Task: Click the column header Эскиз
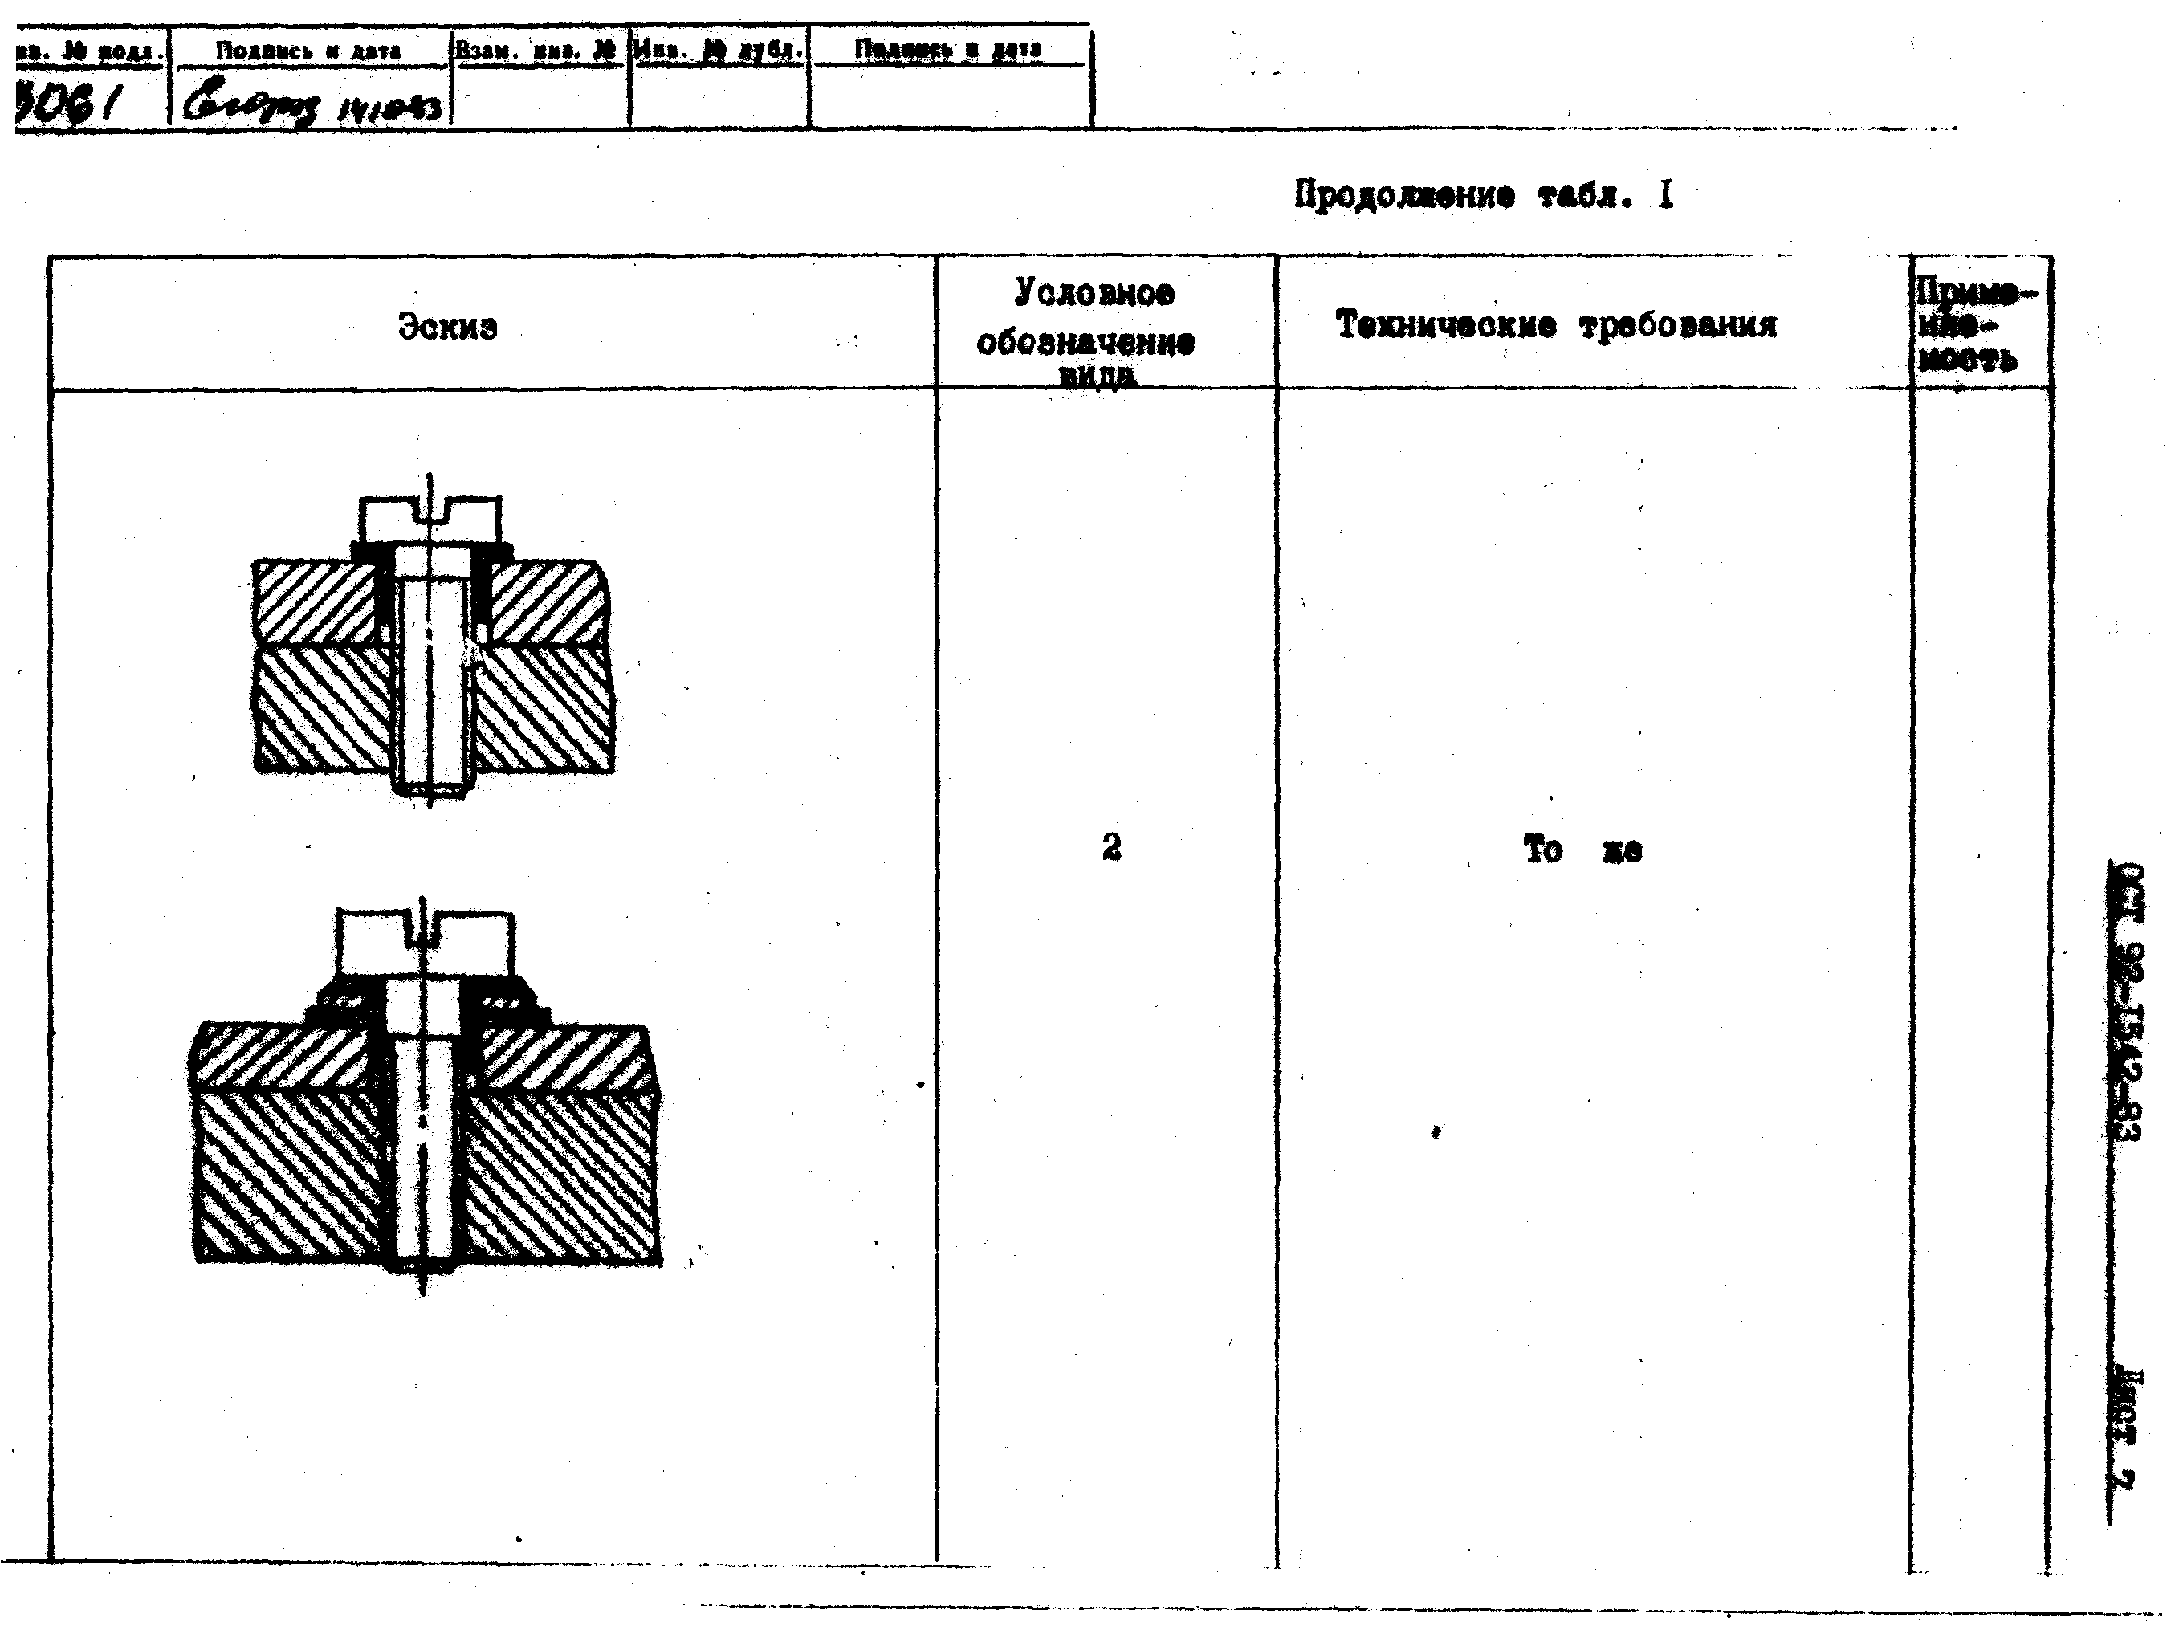pos(448,326)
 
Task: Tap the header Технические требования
pos(1555,325)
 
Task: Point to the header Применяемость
pos(1973,326)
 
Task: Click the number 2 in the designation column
pos(1111,846)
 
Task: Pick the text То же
pos(1582,849)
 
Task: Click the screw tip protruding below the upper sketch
pos(430,788)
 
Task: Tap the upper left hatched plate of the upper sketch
pos(315,602)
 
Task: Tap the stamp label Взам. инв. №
pos(537,49)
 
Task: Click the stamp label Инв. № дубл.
pos(719,49)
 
